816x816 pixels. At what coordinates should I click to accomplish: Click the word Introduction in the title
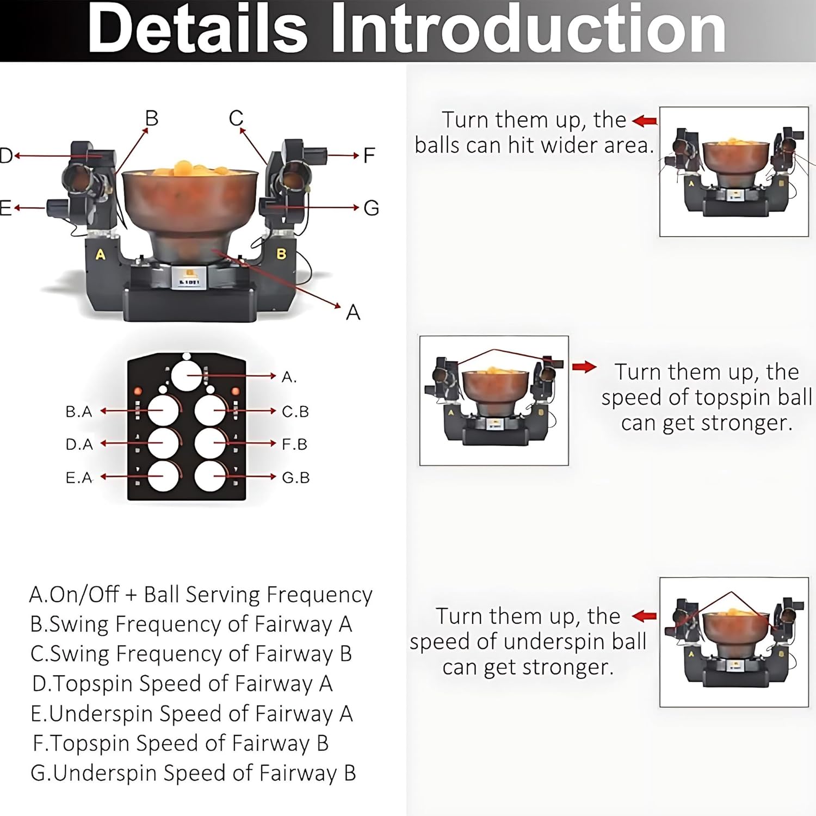[528, 28]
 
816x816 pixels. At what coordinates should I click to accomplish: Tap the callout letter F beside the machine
[369, 156]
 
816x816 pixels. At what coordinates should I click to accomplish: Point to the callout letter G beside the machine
[371, 208]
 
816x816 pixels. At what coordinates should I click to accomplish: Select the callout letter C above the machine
[236, 118]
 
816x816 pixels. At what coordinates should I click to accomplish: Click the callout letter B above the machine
[152, 118]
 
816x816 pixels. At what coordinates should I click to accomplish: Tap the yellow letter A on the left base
[101, 254]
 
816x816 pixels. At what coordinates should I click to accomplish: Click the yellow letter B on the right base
[281, 254]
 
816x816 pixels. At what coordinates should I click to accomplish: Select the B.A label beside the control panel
[79, 412]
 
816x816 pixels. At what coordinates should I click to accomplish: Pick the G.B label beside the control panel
[296, 478]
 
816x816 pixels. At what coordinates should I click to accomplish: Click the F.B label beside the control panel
[295, 444]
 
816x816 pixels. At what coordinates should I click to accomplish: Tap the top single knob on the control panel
[187, 374]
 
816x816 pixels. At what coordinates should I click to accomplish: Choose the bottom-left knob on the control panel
[163, 476]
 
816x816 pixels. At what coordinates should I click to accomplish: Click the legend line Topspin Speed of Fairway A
[182, 683]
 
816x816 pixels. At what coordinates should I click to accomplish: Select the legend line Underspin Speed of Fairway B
[193, 773]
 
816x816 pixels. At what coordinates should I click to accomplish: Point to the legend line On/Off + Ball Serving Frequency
[201, 595]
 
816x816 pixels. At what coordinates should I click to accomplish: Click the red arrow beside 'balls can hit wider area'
[645, 121]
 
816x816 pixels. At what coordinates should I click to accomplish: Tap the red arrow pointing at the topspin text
[585, 367]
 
